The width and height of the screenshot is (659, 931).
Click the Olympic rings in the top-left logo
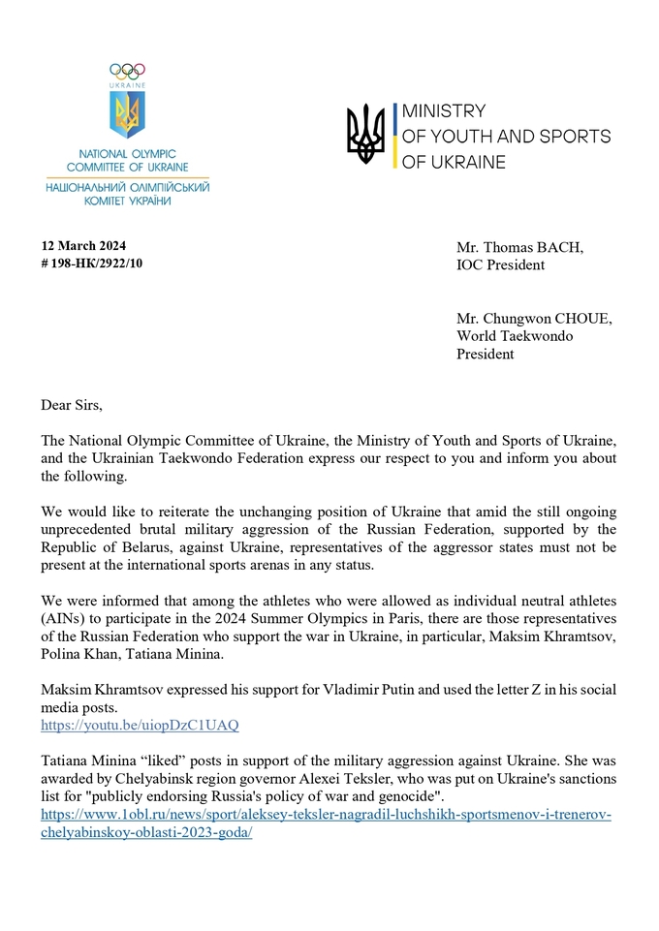(127, 70)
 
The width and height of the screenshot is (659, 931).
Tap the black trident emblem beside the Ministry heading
(365, 135)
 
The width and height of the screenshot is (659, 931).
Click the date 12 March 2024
(83, 245)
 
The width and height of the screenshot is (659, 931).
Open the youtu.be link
(140, 725)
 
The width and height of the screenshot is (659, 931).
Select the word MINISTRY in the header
(443, 111)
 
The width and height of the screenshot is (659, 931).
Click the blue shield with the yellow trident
(127, 115)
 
